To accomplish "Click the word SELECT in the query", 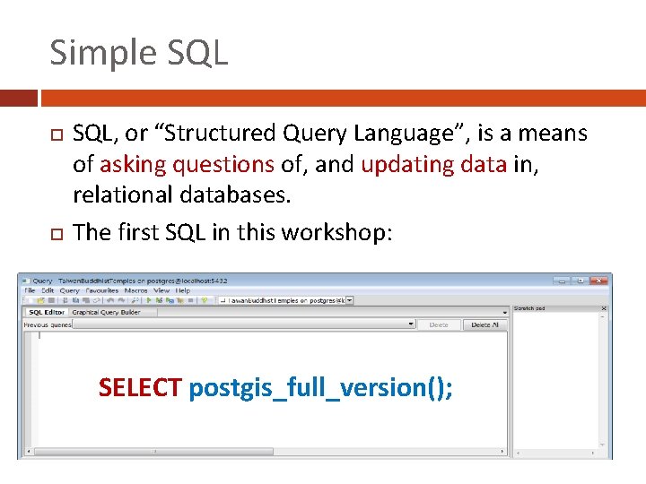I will [x=140, y=388].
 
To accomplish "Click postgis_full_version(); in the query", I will [x=321, y=388].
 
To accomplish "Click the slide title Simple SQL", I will [x=139, y=52].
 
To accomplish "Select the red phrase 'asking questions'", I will [x=187, y=164].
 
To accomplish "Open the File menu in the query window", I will [x=30, y=290].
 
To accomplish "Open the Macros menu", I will [x=136, y=290].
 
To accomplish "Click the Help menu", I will [x=183, y=290].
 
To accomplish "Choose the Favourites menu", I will [x=103, y=290].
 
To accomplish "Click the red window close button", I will [x=598, y=280].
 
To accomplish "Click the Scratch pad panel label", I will [x=529, y=308].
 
